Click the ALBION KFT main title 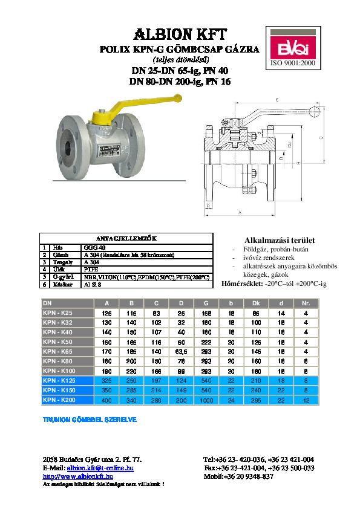[x=179, y=33]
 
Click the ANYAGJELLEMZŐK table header [x=126, y=238]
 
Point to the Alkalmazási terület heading [x=270, y=240]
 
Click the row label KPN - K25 [x=57, y=313]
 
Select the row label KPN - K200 [x=58, y=400]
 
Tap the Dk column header [x=256, y=303]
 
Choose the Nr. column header [x=306, y=303]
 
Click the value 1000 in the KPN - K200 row [x=206, y=400]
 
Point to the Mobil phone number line [x=239, y=476]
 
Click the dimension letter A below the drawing [x=240, y=213]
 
